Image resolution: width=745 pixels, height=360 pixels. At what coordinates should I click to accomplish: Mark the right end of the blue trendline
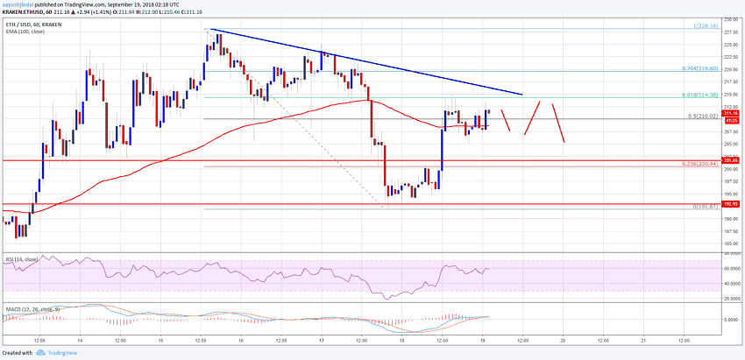521,94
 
